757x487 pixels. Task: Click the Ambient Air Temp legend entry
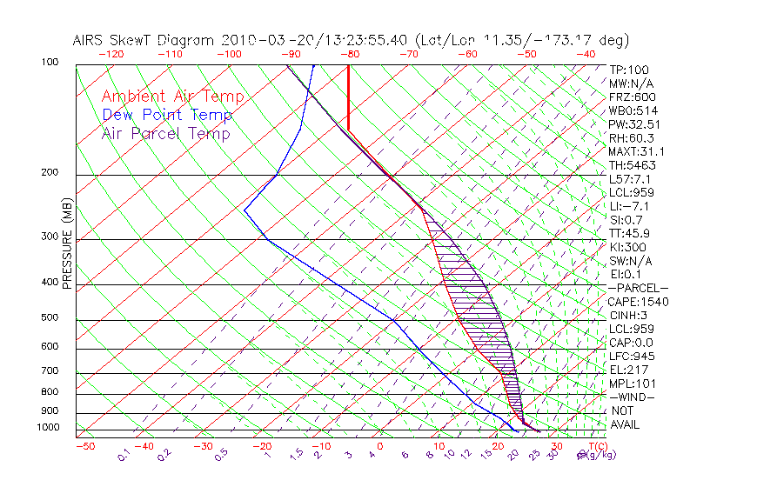tap(172, 97)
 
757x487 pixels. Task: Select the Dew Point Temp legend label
tap(167, 115)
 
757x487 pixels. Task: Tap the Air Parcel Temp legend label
tap(165, 133)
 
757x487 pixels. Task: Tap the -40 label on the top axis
tap(586, 53)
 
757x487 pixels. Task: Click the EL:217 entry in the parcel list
tap(627, 370)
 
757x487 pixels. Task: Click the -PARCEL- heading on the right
tap(639, 288)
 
